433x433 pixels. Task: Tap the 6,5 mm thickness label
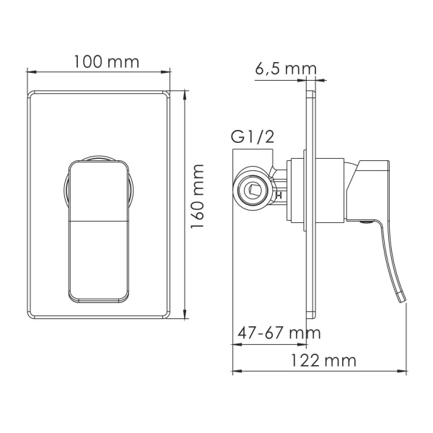click(x=286, y=70)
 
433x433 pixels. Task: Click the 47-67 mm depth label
click(x=279, y=334)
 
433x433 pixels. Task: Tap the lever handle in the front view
click(x=100, y=231)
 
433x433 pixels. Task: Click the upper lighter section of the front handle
click(x=100, y=189)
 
